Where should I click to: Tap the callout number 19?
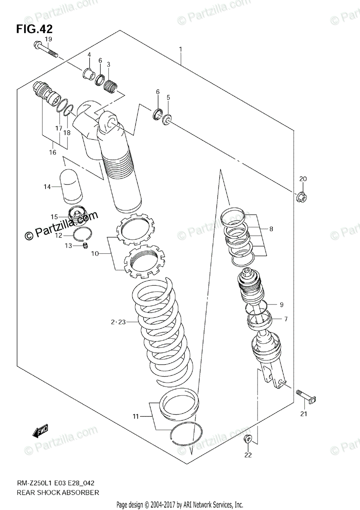48,39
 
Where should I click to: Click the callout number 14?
47,187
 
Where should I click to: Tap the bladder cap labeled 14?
72,186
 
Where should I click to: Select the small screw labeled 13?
85,246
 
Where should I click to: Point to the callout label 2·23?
118,323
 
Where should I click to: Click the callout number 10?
94,254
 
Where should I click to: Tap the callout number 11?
135,416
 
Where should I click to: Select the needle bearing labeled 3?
111,82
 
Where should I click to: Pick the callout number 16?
53,152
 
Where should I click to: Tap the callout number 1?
181,49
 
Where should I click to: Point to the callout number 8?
271,229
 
